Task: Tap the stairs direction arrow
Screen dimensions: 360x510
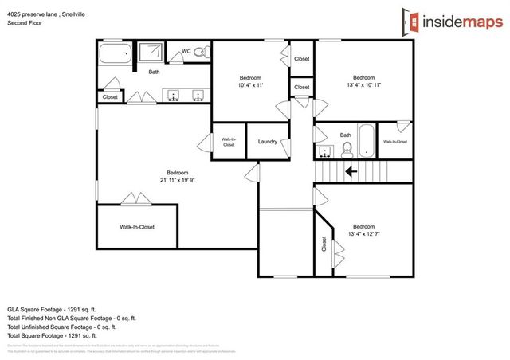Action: coord(350,170)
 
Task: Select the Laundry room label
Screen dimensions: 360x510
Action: coord(267,142)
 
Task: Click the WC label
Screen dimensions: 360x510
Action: coord(186,51)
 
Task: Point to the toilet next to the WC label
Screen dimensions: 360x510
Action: coord(202,52)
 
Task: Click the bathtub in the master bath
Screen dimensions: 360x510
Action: coord(116,55)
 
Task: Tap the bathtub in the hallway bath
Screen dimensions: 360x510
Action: coord(366,140)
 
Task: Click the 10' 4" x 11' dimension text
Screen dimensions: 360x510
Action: coord(251,84)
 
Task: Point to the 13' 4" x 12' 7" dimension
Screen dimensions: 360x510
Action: coord(363,233)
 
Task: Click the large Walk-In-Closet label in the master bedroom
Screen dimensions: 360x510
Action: coord(137,227)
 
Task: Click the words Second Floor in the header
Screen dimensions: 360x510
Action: coord(25,23)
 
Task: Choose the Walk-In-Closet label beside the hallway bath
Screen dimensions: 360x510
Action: coord(394,142)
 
